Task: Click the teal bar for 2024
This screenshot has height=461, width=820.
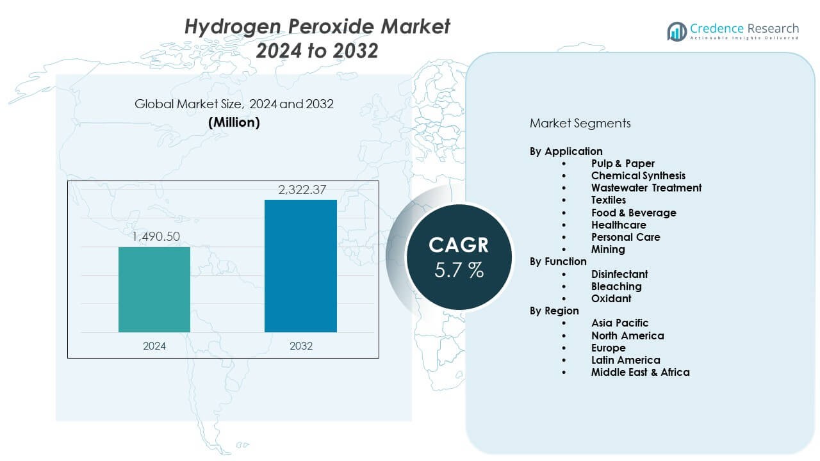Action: click(154, 289)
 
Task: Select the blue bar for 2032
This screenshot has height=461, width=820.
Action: click(300, 266)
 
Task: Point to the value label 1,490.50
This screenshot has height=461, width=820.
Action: click(156, 237)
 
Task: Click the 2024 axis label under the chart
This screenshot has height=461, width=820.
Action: click(154, 346)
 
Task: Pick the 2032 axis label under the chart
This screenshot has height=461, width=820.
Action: click(301, 346)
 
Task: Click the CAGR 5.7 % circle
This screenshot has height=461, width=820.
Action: click(459, 256)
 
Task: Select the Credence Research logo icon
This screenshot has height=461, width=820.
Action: click(676, 31)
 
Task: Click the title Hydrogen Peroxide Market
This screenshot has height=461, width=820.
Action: click(317, 27)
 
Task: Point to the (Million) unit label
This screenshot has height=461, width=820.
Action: click(234, 123)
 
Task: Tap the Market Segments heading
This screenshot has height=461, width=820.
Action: click(580, 123)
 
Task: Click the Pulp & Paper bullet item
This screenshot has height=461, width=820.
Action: click(623, 163)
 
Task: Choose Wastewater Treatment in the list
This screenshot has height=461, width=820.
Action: click(646, 188)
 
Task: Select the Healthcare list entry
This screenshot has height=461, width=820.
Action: click(618, 225)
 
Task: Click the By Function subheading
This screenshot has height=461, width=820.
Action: click(558, 261)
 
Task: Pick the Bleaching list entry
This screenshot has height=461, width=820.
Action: click(616, 286)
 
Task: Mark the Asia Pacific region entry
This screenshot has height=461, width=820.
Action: click(619, 323)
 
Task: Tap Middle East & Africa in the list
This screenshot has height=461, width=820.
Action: click(640, 372)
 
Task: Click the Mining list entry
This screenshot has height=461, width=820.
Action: click(608, 249)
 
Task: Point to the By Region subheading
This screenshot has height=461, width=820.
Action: click(554, 311)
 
